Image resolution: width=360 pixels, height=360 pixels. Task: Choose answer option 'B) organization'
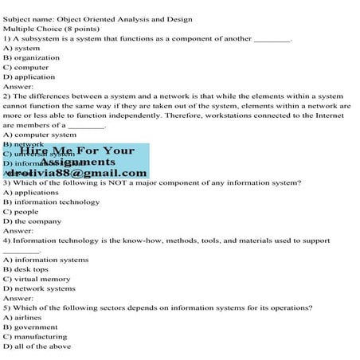point(31,57)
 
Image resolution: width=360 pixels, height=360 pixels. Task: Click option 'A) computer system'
point(40,135)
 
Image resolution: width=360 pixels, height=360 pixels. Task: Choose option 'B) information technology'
point(51,202)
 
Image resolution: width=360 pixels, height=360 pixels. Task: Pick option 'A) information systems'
point(45,260)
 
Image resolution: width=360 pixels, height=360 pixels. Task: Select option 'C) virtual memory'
point(37,279)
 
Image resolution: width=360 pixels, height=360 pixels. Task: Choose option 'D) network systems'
point(39,288)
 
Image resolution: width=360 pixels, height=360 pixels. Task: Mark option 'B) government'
point(30,327)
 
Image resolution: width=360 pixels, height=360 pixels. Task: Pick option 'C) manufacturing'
point(37,336)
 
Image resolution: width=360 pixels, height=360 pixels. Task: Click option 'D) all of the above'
point(37,346)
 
